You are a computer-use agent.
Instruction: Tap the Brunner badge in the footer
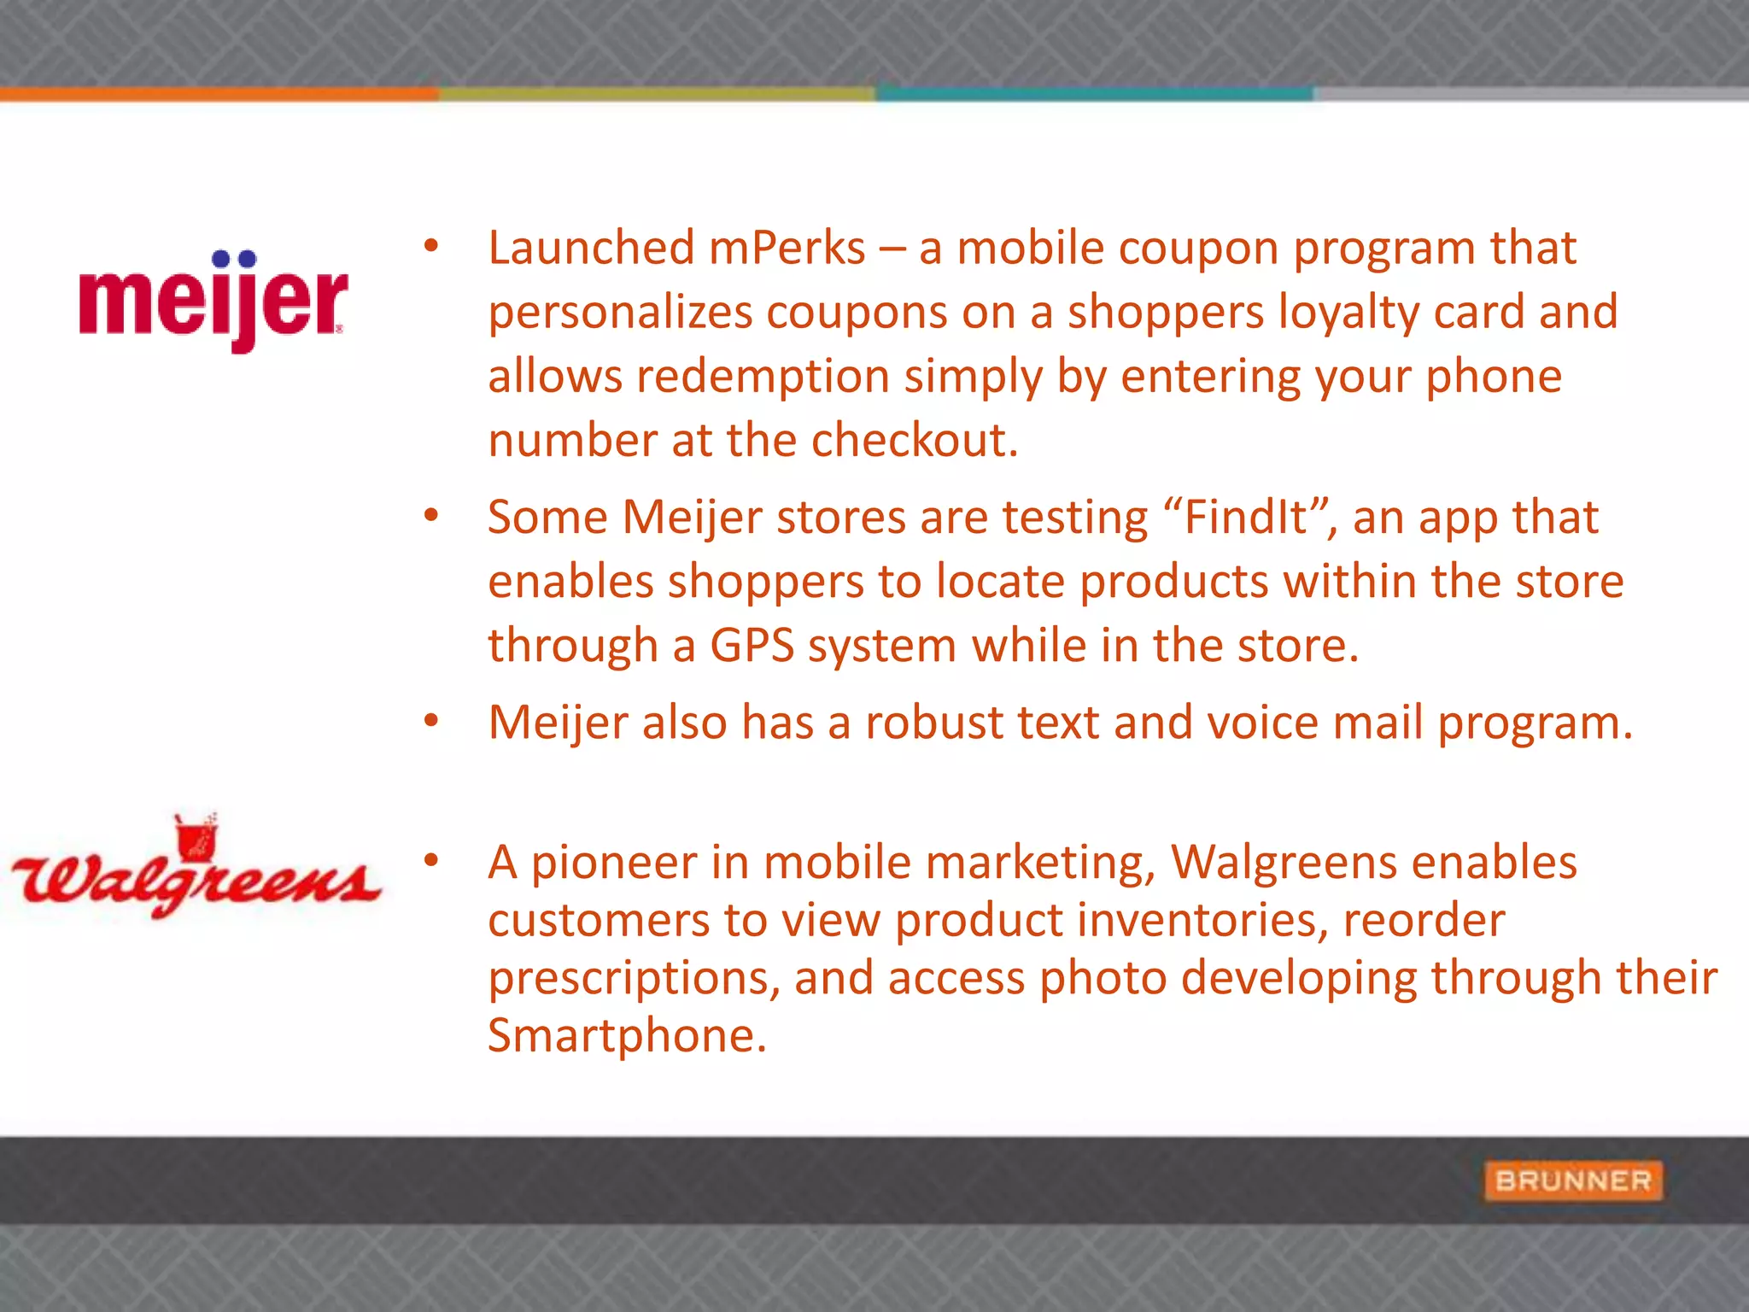(x=1573, y=1180)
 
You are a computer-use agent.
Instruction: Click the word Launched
(x=591, y=249)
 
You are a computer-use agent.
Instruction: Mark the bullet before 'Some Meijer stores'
(x=431, y=515)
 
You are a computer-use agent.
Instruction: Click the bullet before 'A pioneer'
(x=431, y=860)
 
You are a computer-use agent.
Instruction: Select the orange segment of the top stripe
(x=219, y=94)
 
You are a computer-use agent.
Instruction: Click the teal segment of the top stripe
(x=1093, y=94)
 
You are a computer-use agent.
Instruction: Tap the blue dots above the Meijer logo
(x=234, y=259)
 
